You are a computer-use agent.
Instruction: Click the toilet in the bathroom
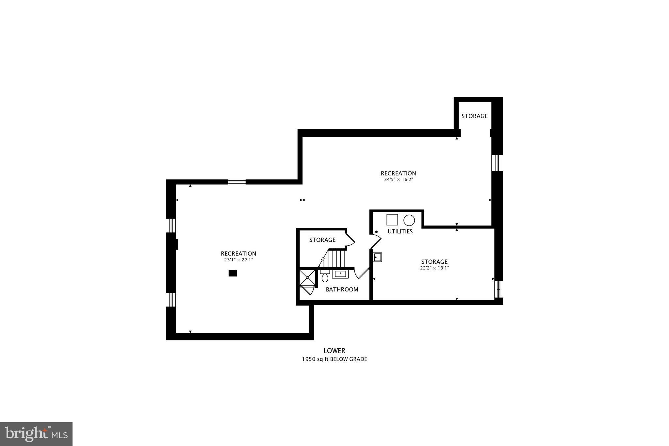coord(325,276)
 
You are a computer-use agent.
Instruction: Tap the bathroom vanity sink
coord(340,273)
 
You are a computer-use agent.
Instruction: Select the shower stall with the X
coord(307,278)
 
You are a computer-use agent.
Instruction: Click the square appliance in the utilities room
coord(392,220)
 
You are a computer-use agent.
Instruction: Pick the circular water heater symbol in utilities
coord(409,220)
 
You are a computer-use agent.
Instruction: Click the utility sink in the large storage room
coord(378,257)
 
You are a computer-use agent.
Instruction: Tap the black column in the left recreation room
coord(233,273)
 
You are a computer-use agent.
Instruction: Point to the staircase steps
coord(336,258)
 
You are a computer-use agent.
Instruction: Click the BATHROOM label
coord(342,289)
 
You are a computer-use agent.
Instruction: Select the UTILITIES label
coord(400,231)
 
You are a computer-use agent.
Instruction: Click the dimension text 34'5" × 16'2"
coord(399,179)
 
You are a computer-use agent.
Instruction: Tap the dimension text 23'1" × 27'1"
coord(238,260)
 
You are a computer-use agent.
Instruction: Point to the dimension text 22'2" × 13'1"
coord(434,268)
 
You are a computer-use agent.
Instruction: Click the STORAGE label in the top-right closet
coord(474,116)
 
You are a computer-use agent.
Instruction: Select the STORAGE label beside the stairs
coord(322,240)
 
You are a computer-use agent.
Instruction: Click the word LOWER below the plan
coord(334,351)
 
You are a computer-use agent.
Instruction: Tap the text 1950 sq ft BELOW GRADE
coord(334,359)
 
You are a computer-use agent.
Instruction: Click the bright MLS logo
coord(36,434)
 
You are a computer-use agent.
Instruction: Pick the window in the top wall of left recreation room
coord(237,182)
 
